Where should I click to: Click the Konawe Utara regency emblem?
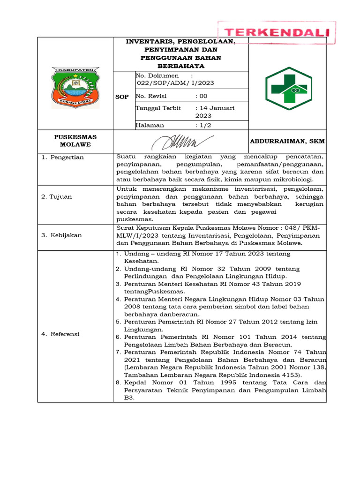click(x=75, y=87)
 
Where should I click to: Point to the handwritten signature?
click(x=183, y=140)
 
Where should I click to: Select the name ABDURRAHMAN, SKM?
click(x=287, y=141)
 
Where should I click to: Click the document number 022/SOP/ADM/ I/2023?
click(x=174, y=83)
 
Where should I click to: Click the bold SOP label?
click(x=122, y=97)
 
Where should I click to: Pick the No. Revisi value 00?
click(x=202, y=96)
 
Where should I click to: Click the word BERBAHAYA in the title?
click(x=180, y=66)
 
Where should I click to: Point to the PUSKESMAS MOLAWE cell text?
click(x=75, y=141)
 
